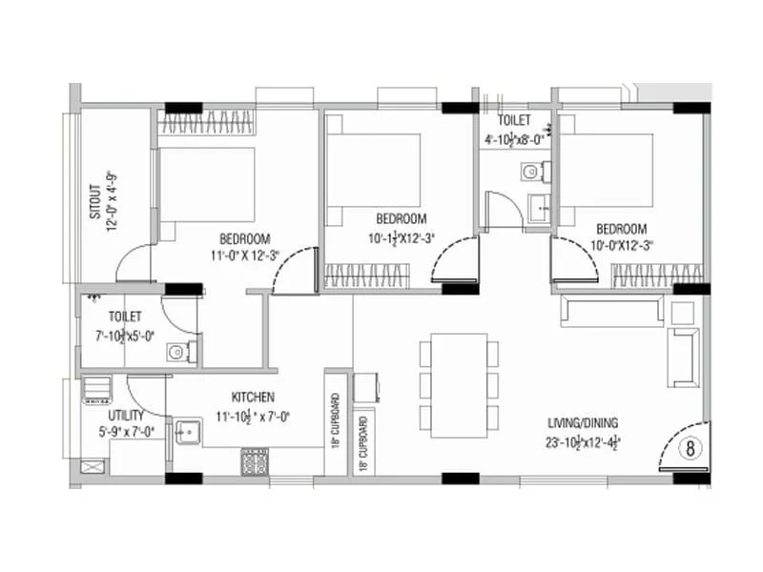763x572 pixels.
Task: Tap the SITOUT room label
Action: pos(95,201)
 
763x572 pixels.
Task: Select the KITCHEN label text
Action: pos(253,397)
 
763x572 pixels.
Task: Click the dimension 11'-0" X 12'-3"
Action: pos(245,255)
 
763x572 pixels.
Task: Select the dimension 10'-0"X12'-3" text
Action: pos(621,245)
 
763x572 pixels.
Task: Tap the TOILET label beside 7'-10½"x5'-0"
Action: pos(125,316)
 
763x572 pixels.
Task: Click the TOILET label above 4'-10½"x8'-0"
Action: pos(515,121)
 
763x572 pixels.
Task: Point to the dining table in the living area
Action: pos(459,384)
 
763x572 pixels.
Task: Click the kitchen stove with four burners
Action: pos(255,461)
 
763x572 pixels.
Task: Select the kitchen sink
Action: pos(185,432)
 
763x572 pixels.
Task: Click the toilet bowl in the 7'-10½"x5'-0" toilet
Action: pos(176,353)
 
